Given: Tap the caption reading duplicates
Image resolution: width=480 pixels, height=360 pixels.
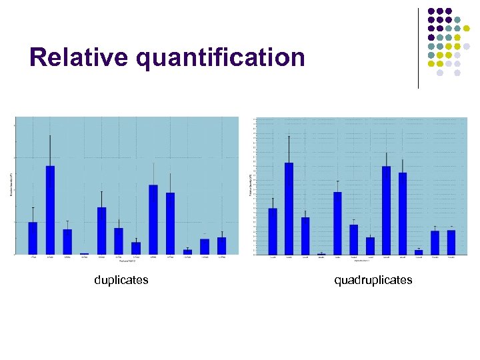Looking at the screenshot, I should pyautogui.click(x=121, y=280).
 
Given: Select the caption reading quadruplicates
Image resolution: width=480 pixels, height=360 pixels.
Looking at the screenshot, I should pyautogui.click(x=373, y=280).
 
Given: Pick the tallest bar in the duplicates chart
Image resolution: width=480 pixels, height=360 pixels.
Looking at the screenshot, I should pyautogui.click(x=50, y=209).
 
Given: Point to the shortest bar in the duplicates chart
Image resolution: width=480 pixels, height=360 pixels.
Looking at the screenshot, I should pyautogui.click(x=84, y=253).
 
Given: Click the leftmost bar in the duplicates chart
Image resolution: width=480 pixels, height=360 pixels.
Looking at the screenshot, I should pyautogui.click(x=33, y=237).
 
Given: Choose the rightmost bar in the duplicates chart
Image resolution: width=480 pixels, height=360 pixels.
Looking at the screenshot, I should pyautogui.click(x=222, y=245).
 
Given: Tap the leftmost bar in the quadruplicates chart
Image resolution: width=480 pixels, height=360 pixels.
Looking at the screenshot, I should pyautogui.click(x=273, y=231).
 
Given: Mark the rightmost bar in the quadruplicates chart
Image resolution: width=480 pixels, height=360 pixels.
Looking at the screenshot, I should pyautogui.click(x=451, y=241).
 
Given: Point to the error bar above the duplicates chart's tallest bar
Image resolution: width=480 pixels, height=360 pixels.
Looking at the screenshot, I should pyautogui.click(x=50, y=150).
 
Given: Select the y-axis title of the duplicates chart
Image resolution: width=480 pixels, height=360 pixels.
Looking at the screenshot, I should pyautogui.click(x=11, y=185).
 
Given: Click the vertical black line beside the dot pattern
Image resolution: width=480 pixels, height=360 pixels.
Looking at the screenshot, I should pyautogui.click(x=418, y=48).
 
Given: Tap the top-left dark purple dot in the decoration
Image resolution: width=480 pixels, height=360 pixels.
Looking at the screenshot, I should pyautogui.click(x=431, y=11).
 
